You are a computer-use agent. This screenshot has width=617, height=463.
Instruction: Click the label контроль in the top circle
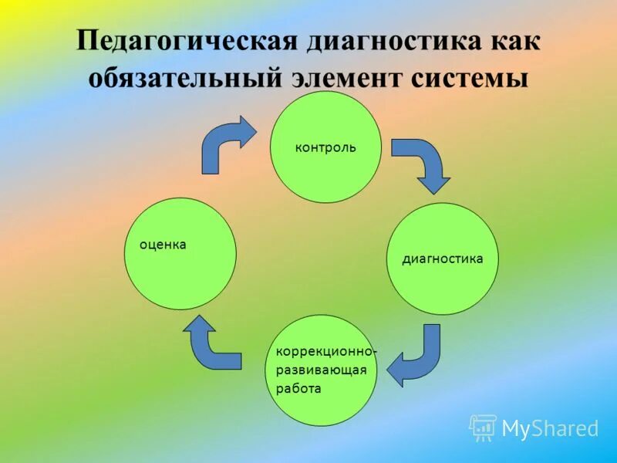(325, 147)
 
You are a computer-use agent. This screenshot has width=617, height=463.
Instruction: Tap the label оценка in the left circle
(163, 245)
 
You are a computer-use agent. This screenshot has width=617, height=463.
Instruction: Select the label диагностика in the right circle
(442, 259)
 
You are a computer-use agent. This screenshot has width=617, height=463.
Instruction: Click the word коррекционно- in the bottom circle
(326, 352)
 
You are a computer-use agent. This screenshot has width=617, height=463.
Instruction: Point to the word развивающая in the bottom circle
(321, 370)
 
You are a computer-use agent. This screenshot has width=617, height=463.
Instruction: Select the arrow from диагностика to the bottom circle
(417, 357)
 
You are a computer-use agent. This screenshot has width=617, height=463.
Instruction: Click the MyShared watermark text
(550, 428)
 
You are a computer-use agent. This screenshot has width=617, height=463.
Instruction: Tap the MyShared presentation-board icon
(483, 428)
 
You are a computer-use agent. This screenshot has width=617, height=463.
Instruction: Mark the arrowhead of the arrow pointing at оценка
(201, 327)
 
